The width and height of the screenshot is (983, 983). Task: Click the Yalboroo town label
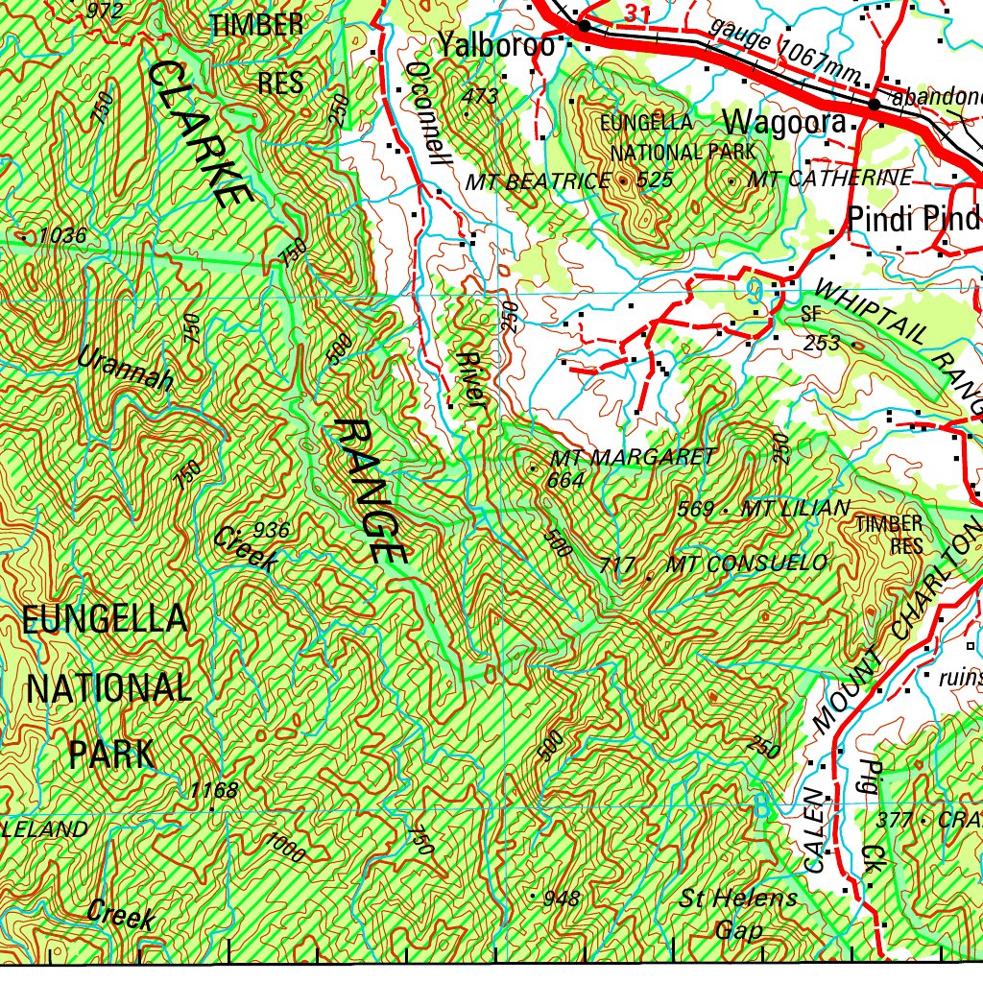[x=495, y=44]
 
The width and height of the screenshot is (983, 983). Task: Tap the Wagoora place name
[x=784, y=123]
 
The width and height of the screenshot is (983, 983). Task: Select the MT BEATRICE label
[x=537, y=181]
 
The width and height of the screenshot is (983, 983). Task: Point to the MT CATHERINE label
[x=829, y=179]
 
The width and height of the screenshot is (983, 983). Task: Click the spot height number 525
[x=654, y=180]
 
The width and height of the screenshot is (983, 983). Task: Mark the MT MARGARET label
[x=634, y=457]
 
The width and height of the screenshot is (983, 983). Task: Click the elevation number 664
[x=564, y=480]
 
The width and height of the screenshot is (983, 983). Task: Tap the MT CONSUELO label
[x=748, y=563]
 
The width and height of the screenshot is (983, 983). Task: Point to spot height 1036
[x=63, y=235]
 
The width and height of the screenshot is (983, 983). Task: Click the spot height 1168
[x=213, y=790]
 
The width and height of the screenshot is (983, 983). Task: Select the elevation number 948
[x=562, y=899]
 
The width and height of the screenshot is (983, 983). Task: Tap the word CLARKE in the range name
[x=199, y=133]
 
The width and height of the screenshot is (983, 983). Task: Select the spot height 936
[x=272, y=529]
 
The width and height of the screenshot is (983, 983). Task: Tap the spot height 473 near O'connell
[x=480, y=96]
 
